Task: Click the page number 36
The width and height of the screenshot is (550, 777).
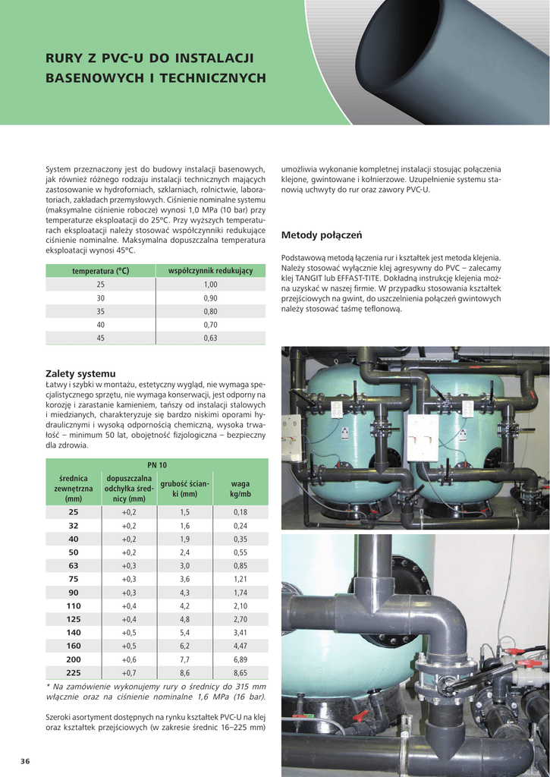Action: point(25,761)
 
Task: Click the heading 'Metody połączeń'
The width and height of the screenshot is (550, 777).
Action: point(322,234)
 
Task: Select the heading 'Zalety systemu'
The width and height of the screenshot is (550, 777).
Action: point(80,373)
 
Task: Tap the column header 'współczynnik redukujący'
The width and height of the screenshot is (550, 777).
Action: point(210,271)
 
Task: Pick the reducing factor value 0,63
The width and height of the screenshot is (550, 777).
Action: point(210,338)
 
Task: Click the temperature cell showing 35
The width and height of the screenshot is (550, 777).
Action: point(101,311)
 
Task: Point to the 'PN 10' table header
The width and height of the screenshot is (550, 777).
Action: point(157,464)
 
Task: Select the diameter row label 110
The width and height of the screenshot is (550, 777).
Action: point(74,606)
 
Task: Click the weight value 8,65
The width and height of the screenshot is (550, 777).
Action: point(240,672)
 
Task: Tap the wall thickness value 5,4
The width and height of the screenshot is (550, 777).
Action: point(184,632)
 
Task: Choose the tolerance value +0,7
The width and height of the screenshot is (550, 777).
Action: point(129,672)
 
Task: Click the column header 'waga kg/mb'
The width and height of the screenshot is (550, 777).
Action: point(240,489)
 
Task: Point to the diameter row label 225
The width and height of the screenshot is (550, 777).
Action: point(74,672)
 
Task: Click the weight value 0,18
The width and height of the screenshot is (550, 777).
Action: point(240,512)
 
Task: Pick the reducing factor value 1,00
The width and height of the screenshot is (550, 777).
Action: point(210,285)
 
